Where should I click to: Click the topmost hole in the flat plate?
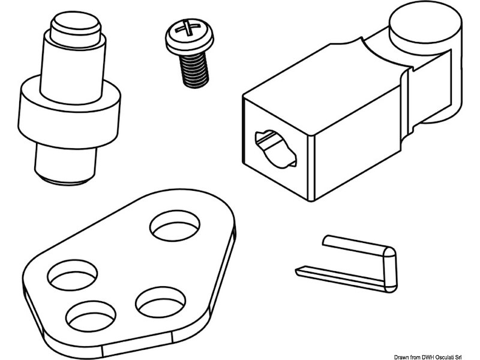[x=175, y=226]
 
